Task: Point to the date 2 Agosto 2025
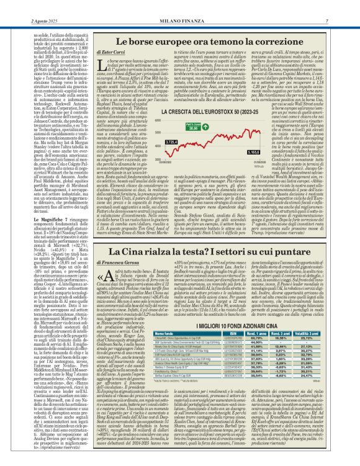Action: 24,6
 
